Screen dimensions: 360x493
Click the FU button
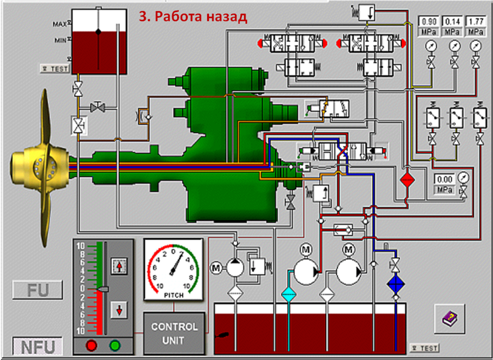38,290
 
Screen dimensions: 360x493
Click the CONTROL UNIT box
174,334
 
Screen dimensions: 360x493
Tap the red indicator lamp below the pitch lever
91,346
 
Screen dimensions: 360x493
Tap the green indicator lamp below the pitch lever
115,346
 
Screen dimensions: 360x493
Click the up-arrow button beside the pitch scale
119,266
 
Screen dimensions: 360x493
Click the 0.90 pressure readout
429,21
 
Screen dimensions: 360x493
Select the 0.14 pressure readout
452,21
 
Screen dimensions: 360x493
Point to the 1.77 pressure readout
475,21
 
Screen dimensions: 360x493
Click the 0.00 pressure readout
444,179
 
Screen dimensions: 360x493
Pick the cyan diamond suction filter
288,294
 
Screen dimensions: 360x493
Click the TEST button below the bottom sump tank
424,348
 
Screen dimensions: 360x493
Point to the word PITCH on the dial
173,295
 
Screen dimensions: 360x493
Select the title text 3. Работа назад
193,17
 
